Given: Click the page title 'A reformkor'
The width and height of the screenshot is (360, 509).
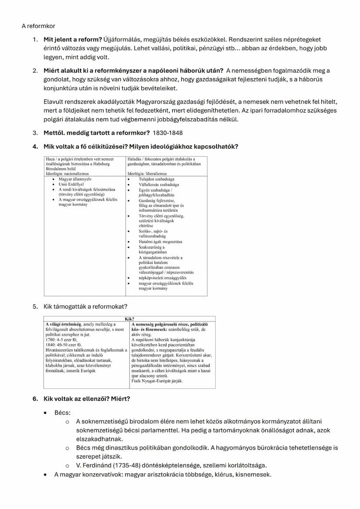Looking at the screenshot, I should point(38,26).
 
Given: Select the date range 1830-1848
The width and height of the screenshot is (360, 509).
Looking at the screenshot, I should point(168,133).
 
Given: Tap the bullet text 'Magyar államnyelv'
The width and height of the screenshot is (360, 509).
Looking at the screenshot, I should point(75,179).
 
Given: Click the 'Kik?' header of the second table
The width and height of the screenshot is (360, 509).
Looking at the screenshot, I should point(129,319).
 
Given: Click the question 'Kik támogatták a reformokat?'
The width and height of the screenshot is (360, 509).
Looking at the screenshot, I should point(85,306).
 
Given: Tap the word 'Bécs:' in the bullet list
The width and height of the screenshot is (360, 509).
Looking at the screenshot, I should point(62,413).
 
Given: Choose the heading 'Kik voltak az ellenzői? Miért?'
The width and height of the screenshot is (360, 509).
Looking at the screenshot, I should point(87,398).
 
